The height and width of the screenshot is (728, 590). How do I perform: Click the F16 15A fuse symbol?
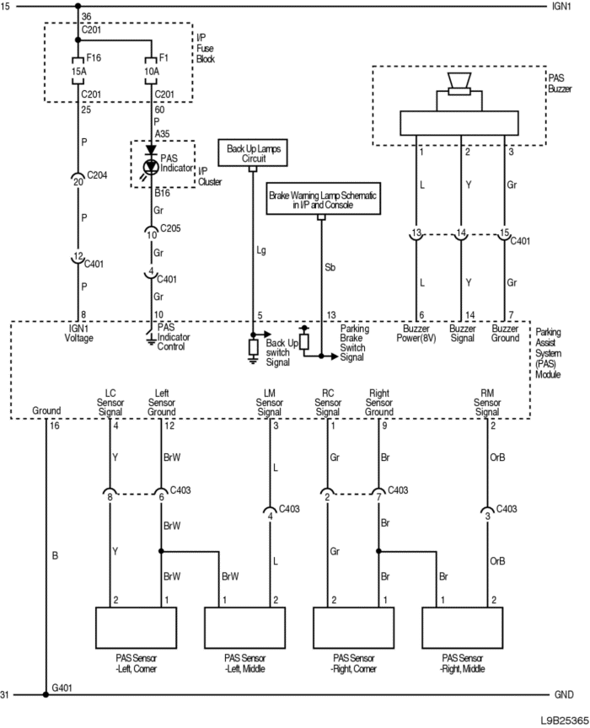(x=78, y=71)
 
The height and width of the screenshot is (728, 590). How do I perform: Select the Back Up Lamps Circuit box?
(x=253, y=153)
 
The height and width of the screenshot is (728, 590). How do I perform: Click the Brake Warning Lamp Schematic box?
(x=324, y=199)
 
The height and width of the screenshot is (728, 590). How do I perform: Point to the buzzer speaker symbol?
(x=459, y=84)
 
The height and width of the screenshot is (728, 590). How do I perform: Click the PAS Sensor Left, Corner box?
(x=136, y=627)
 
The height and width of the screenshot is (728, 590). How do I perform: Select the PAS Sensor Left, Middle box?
(x=244, y=627)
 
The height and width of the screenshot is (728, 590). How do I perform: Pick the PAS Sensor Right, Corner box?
(x=353, y=627)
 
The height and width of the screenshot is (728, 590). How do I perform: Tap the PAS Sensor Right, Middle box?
(x=462, y=627)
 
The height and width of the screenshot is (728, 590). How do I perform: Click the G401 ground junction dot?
(x=46, y=694)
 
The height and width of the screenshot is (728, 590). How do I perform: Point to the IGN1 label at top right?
(x=561, y=7)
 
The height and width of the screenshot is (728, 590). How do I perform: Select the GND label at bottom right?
(x=564, y=694)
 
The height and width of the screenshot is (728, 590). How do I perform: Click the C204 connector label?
(x=97, y=175)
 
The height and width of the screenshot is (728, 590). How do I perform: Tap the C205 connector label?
(x=170, y=228)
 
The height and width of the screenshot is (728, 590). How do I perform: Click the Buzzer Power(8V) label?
(x=416, y=334)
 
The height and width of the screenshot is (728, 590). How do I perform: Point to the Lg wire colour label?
(x=261, y=251)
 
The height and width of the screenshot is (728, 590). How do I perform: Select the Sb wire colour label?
(x=330, y=267)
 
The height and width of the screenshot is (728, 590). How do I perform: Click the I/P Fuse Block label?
(x=206, y=48)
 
